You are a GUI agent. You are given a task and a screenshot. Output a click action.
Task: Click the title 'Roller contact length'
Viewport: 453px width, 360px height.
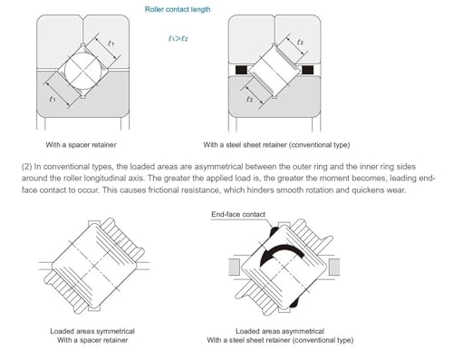[x=178, y=9]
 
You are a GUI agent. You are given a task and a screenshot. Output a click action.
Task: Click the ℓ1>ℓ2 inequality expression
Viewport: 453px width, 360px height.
[x=178, y=38]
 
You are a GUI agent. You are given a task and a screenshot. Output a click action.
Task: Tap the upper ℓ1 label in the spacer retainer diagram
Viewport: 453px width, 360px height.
[x=111, y=44]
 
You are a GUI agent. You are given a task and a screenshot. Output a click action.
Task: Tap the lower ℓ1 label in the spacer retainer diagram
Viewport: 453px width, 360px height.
[x=53, y=99]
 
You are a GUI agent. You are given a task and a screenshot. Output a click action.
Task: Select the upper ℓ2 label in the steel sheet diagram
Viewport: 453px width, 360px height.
[x=300, y=42]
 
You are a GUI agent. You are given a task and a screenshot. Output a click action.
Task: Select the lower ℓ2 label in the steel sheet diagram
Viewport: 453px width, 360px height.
[x=249, y=99]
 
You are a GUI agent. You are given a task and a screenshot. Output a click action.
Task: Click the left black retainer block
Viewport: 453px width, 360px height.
[x=241, y=70]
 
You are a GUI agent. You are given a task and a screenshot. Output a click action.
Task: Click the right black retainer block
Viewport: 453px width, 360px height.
[x=307, y=70]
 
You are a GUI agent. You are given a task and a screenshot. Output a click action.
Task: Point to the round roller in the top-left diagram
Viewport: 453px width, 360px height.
[x=83, y=72]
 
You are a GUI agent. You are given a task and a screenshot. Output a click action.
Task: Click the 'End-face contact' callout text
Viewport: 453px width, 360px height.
[x=238, y=214]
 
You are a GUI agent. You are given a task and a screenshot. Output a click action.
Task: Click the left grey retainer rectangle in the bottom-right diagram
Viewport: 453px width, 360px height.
[x=235, y=267]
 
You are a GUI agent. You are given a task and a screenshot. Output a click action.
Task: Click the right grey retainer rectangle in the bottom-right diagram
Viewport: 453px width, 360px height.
[x=334, y=267]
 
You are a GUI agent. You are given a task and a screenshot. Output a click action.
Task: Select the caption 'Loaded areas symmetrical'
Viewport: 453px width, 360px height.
[x=92, y=331]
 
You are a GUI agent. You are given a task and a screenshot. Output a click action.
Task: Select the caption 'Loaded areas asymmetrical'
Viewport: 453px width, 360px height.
[x=280, y=331]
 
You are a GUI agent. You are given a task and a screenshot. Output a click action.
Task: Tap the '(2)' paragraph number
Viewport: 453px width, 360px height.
[x=26, y=167]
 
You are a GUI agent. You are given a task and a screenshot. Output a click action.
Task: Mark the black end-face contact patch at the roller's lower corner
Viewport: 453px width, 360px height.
[x=294, y=303]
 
